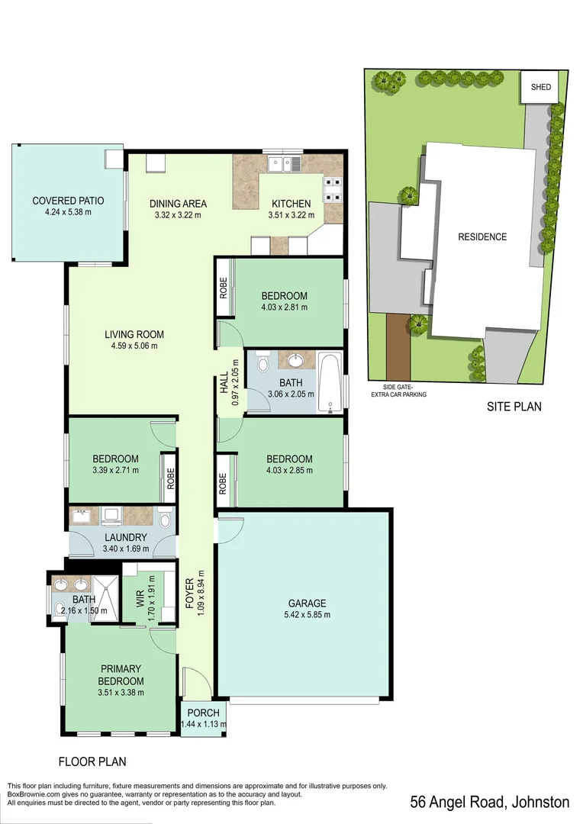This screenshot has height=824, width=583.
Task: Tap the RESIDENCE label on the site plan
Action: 482,237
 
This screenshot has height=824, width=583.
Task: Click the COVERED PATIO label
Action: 68,201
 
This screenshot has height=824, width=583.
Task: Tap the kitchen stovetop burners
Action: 333,189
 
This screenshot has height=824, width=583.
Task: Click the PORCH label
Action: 203,714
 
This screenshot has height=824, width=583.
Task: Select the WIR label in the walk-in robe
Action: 140,596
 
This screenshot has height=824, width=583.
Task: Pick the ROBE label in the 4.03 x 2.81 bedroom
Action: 224,288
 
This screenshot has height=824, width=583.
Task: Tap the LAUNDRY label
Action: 126,537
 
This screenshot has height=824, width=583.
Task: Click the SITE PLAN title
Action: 514,407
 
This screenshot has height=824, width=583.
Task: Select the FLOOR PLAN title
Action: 92,761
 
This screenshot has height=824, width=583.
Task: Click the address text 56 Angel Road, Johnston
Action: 489,802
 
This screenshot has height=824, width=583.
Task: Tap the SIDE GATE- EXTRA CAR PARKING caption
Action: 395,391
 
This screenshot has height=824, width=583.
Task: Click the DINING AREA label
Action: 178,204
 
